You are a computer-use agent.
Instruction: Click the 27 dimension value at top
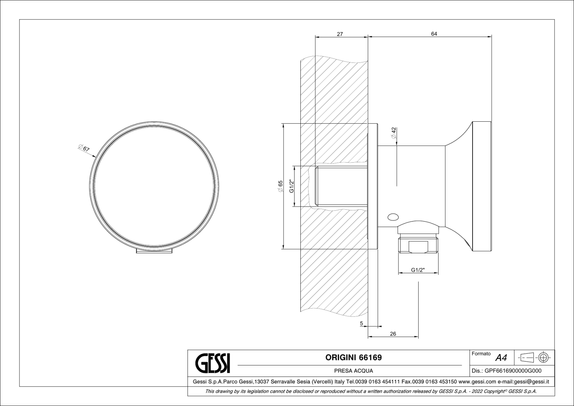click(340, 34)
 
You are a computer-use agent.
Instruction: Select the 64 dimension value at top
click(434, 34)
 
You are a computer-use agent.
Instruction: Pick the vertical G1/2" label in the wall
click(291, 186)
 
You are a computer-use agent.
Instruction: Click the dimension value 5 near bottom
click(362, 323)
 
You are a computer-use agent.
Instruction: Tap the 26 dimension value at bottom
click(393, 334)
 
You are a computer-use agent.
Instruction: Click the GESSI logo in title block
click(213, 362)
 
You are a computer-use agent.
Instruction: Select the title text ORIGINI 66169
click(353, 358)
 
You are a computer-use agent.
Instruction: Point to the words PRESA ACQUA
click(353, 371)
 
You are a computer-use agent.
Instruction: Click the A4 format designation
click(501, 358)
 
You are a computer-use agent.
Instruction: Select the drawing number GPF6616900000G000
click(513, 371)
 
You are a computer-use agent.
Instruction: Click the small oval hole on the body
click(393, 217)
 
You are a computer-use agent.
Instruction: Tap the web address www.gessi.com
click(477, 382)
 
